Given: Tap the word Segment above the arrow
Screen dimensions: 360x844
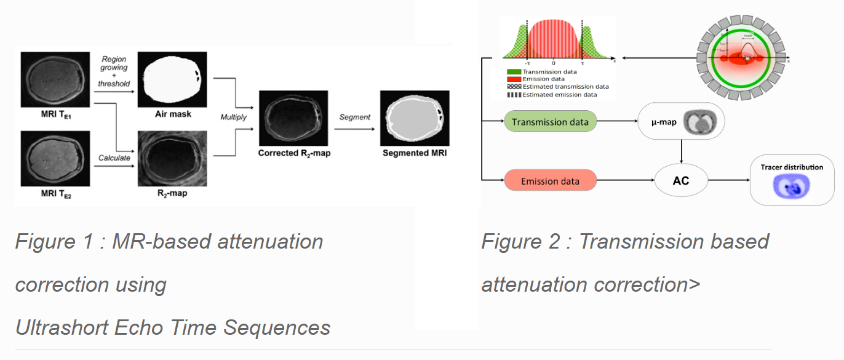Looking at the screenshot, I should (355, 117).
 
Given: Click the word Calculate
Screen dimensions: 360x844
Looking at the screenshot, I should (114, 158).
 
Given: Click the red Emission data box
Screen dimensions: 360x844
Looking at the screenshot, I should (550, 181).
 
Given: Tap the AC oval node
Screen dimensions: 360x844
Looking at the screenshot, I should (680, 181).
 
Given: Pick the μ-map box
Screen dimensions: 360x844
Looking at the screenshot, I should (682, 122).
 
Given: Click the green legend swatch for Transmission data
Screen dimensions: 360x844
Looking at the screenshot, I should (513, 72).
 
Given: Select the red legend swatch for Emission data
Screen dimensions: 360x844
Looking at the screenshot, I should (513, 79).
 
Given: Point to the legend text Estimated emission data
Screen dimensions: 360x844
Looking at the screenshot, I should (559, 95).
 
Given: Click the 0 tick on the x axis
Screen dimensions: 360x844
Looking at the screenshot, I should (553, 63).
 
